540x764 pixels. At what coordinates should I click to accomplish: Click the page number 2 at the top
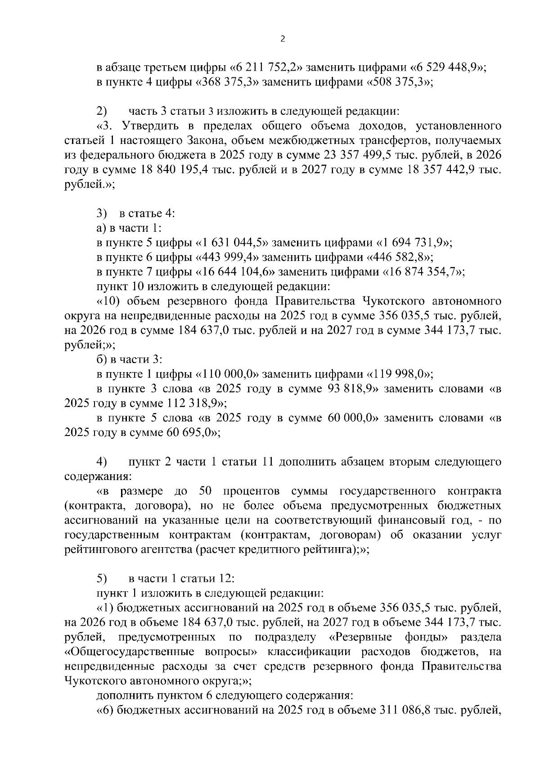(282, 39)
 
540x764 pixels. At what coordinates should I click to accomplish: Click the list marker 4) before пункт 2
(102, 462)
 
